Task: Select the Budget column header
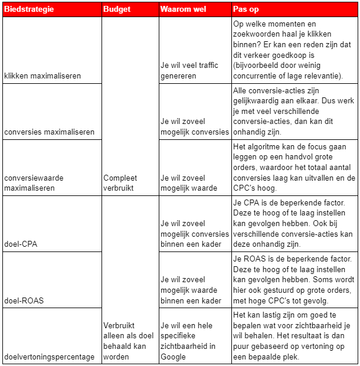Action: pos(116,9)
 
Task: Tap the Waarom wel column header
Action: pos(182,9)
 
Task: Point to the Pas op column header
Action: pos(246,9)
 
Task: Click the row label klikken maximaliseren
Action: pos(42,76)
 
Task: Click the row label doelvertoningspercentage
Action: pos(49,357)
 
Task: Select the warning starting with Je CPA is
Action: pos(293,223)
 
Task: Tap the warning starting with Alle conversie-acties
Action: pos(293,112)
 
